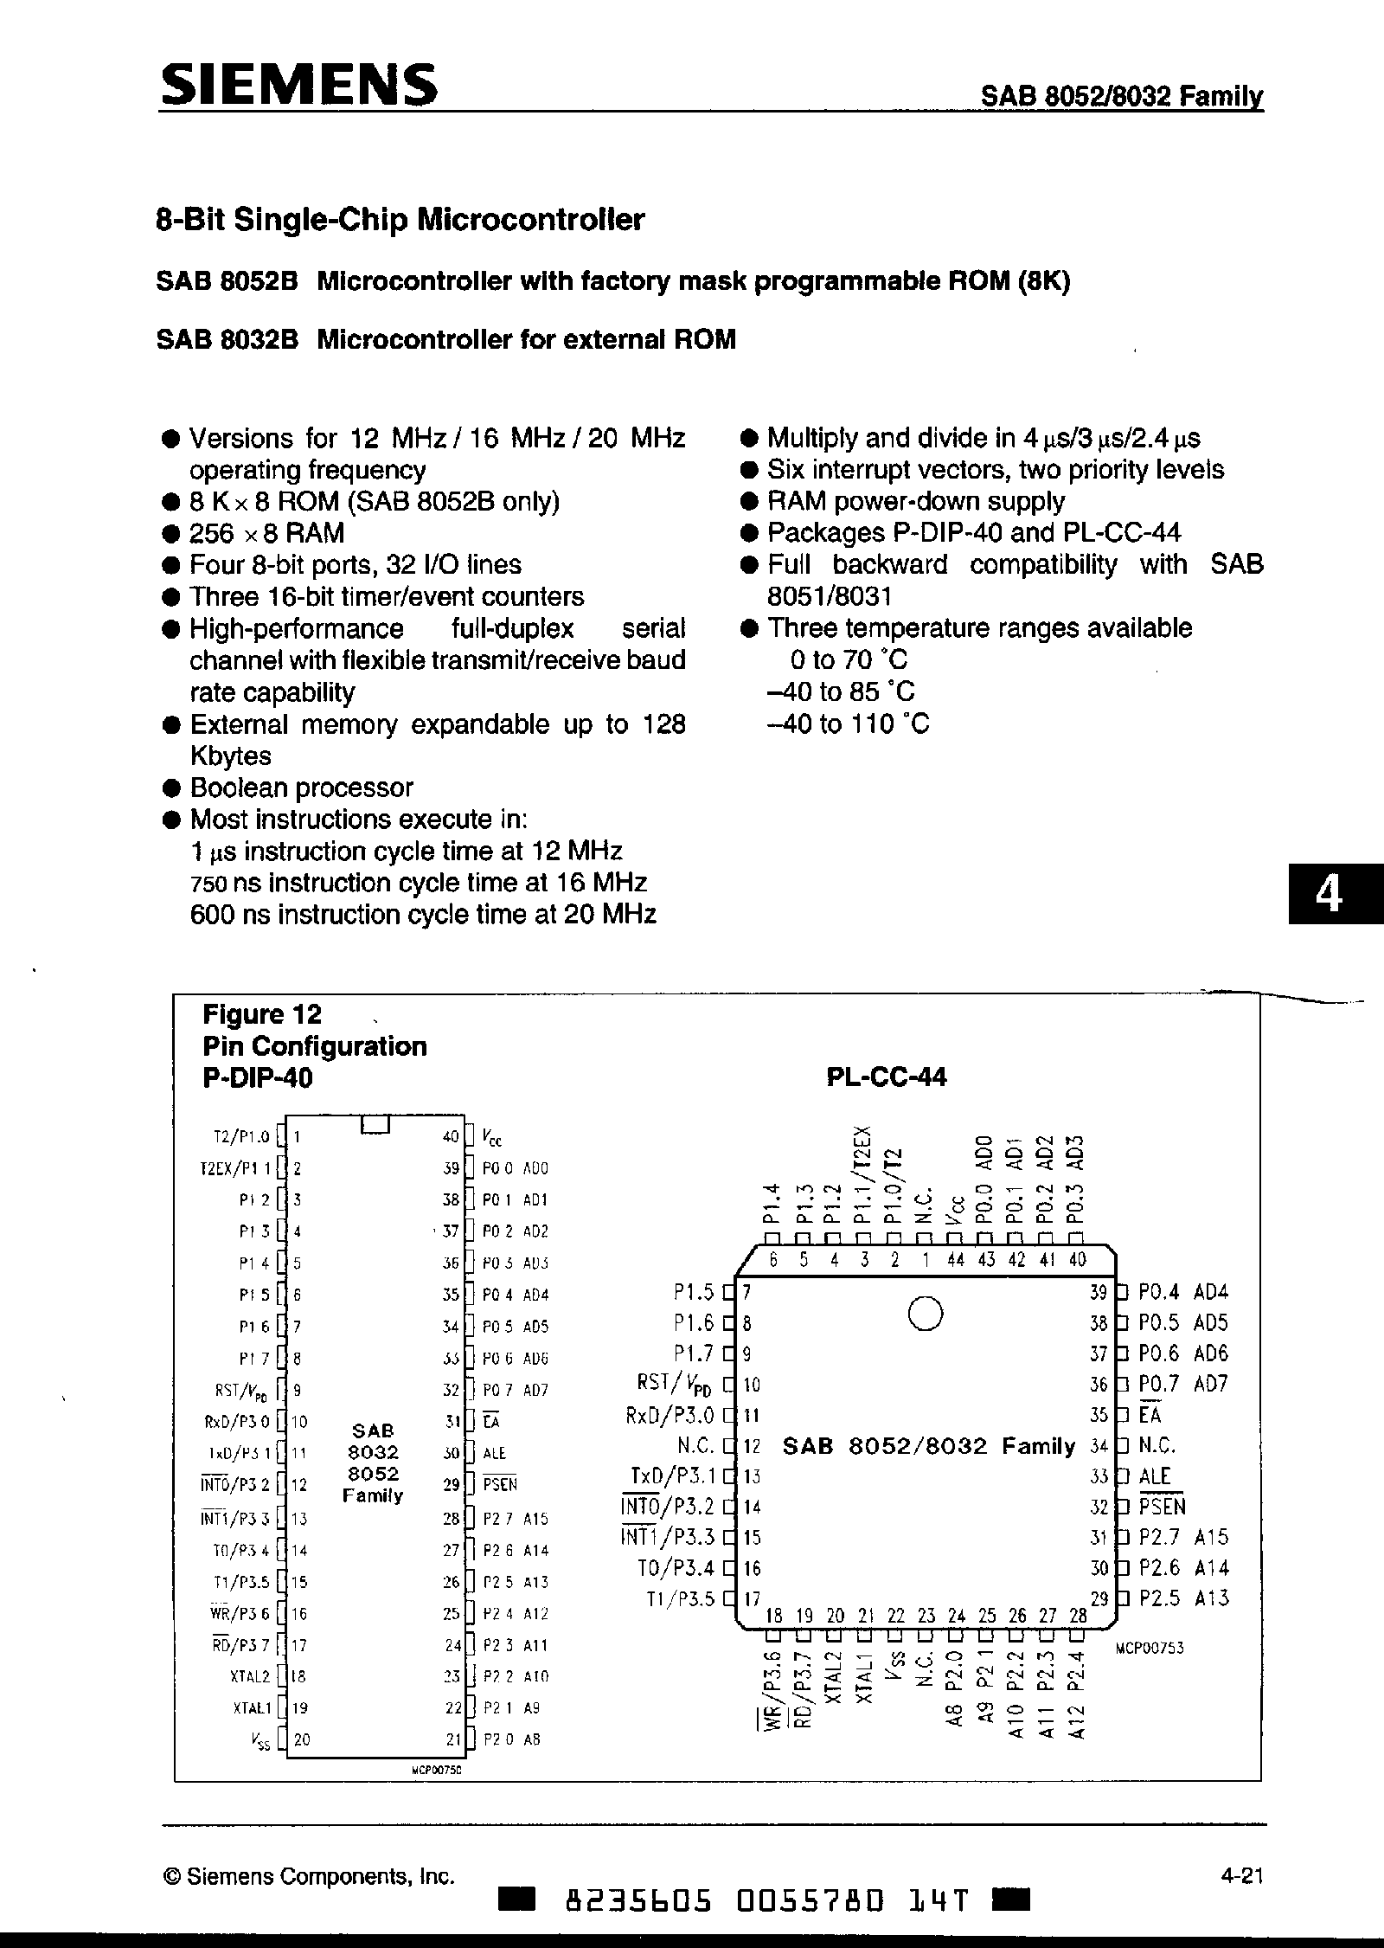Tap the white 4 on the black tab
1329,896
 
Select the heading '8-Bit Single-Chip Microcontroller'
400,220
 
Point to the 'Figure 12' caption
261,1013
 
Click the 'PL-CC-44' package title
886,1077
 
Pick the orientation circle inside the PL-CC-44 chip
925,1314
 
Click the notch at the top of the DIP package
375,1124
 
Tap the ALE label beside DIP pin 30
495,1453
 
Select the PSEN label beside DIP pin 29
499,1485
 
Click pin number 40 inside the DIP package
451,1136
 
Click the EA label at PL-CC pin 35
1150,1415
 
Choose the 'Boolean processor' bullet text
301,788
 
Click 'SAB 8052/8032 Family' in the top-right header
1121,96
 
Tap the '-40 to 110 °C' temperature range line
848,723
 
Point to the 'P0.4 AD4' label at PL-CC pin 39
1182,1292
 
